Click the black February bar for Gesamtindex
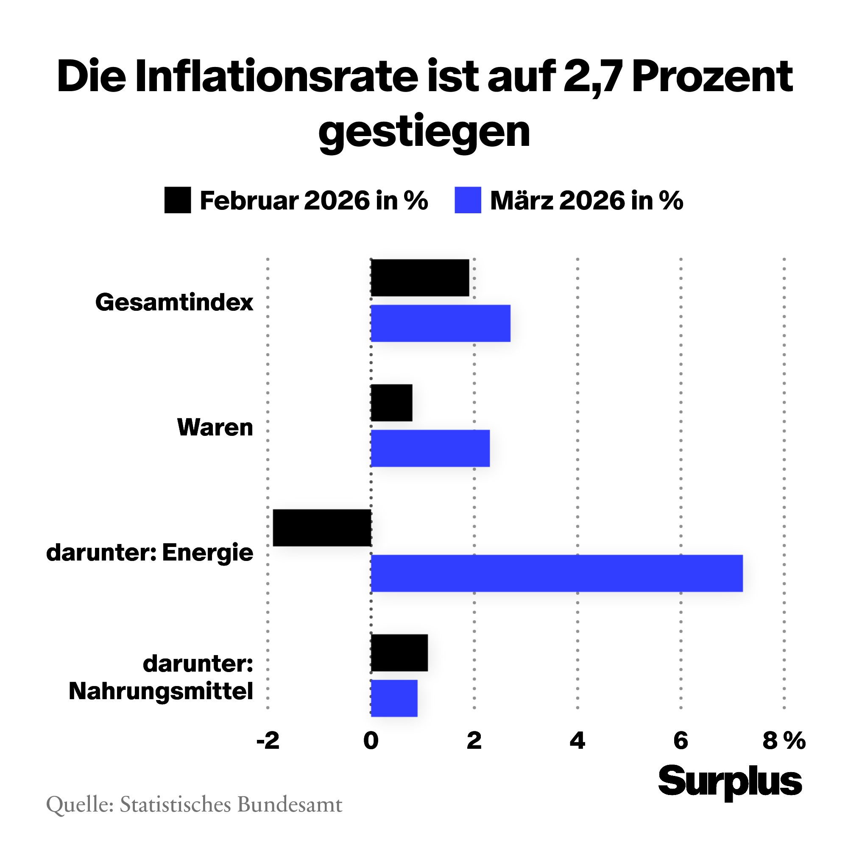pyautogui.click(x=420, y=278)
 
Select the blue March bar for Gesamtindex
pyautogui.click(x=440, y=324)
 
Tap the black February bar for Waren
pyautogui.click(x=391, y=403)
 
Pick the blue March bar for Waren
pyautogui.click(x=430, y=448)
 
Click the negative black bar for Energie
pyautogui.click(x=322, y=527)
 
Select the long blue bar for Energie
pyautogui.click(x=557, y=573)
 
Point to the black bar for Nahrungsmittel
pyautogui.click(x=399, y=653)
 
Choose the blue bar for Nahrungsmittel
pyautogui.click(x=394, y=698)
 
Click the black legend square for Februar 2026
pyautogui.click(x=177, y=200)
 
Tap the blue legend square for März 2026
pyautogui.click(x=467, y=200)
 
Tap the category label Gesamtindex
pyautogui.click(x=174, y=302)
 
